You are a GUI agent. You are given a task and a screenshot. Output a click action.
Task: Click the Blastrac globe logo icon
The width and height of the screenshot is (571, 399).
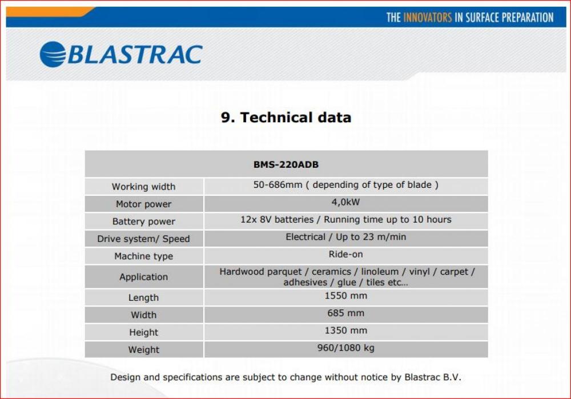[53, 55]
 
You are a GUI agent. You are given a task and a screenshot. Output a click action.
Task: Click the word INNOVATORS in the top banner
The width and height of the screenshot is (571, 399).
[428, 18]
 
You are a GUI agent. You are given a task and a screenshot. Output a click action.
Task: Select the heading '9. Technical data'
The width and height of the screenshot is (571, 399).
[286, 117]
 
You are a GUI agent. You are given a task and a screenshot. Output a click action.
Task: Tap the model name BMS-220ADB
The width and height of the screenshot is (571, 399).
[286, 164]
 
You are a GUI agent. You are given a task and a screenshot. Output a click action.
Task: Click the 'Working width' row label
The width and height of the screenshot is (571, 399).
[143, 187]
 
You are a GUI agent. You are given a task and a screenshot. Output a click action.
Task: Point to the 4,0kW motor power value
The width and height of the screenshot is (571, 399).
[345, 202]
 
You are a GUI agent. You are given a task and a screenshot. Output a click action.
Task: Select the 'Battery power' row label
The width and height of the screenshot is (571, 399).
[143, 221]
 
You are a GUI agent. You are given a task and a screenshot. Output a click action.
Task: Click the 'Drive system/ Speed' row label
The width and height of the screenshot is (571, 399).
[143, 239]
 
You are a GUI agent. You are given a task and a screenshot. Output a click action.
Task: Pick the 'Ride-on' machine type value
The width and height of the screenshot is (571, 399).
[345, 254]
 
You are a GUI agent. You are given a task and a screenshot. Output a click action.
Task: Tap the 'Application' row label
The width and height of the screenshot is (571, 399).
[143, 277]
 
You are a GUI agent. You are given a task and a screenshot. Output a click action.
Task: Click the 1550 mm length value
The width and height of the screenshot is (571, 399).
[345, 296]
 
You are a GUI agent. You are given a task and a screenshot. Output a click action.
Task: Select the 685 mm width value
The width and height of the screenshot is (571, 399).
[345, 313]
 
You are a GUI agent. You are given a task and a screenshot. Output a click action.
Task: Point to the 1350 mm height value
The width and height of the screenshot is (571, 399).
[345, 331]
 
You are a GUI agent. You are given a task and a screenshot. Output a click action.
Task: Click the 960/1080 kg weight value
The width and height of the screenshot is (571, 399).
[345, 348]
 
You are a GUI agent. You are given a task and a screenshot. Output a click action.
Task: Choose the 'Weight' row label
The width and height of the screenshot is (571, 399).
[143, 350]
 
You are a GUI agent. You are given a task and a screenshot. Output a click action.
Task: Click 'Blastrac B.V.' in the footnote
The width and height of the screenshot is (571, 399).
[433, 377]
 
